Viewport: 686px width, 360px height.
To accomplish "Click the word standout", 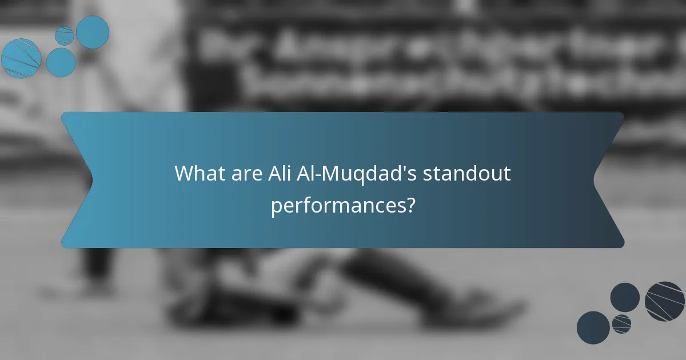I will pyautogui.click(x=466, y=173).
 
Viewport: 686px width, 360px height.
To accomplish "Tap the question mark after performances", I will pyautogui.click(x=410, y=205).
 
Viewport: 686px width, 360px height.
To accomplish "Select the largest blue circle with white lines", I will pyautogui.click(x=21, y=58).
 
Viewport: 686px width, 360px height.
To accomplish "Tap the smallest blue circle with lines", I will pyautogui.click(x=64, y=35).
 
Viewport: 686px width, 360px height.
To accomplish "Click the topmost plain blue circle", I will pyautogui.click(x=93, y=32).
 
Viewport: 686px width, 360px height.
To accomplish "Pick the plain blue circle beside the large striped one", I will pyautogui.click(x=61, y=62).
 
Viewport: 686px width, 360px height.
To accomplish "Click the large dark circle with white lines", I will pyautogui.click(x=665, y=301).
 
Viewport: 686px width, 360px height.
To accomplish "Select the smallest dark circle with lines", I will pyautogui.click(x=621, y=323).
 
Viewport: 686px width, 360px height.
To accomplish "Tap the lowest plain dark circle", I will pyautogui.click(x=593, y=328).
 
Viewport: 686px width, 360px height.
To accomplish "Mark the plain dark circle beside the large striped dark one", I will pyautogui.click(x=625, y=297).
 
